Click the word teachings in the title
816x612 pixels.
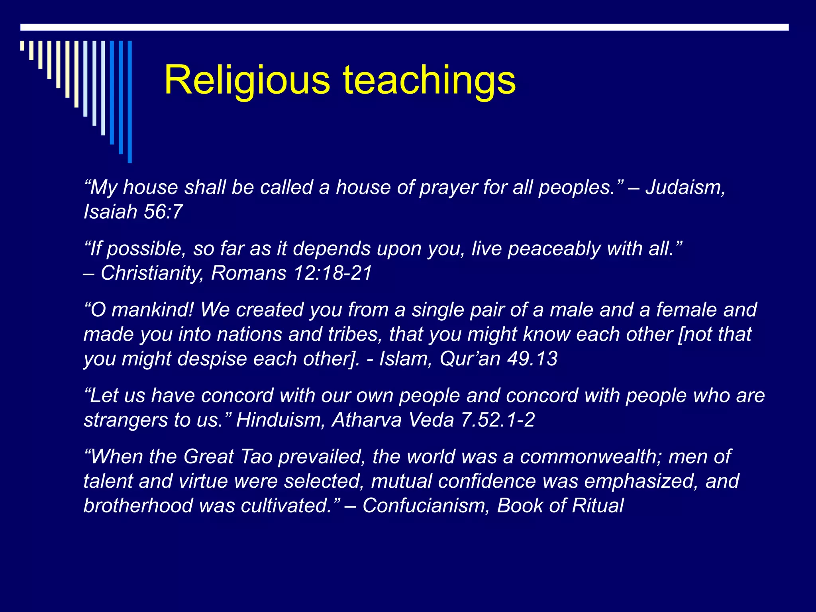pos(429,80)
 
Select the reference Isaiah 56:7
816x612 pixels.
pos(133,212)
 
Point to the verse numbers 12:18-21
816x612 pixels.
pos(333,273)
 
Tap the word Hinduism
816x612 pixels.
pos(280,420)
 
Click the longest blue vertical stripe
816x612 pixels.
pos(129,102)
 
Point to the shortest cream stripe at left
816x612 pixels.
pos(22,45)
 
